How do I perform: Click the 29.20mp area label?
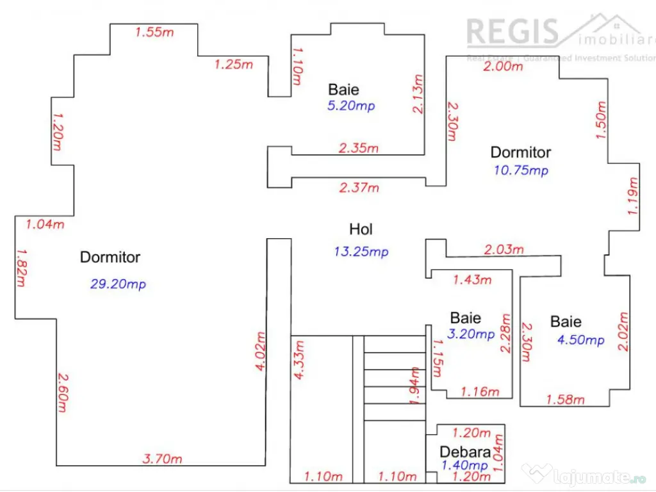[118, 284]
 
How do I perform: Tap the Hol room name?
[361, 229]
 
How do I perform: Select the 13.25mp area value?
[361, 252]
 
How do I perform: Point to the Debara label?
[465, 452]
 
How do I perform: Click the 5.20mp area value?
[351, 106]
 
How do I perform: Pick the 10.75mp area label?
[521, 170]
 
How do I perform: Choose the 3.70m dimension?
[162, 459]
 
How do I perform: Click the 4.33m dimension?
[299, 361]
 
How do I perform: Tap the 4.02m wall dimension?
[259, 352]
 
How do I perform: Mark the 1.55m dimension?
[154, 32]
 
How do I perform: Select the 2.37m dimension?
[359, 188]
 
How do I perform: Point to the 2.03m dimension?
[504, 249]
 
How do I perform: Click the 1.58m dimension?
[565, 400]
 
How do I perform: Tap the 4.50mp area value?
[580, 340]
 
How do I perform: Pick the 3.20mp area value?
[471, 334]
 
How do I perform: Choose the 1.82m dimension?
[21, 269]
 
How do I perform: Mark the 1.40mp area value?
[464, 465]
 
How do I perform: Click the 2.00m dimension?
[503, 65]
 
